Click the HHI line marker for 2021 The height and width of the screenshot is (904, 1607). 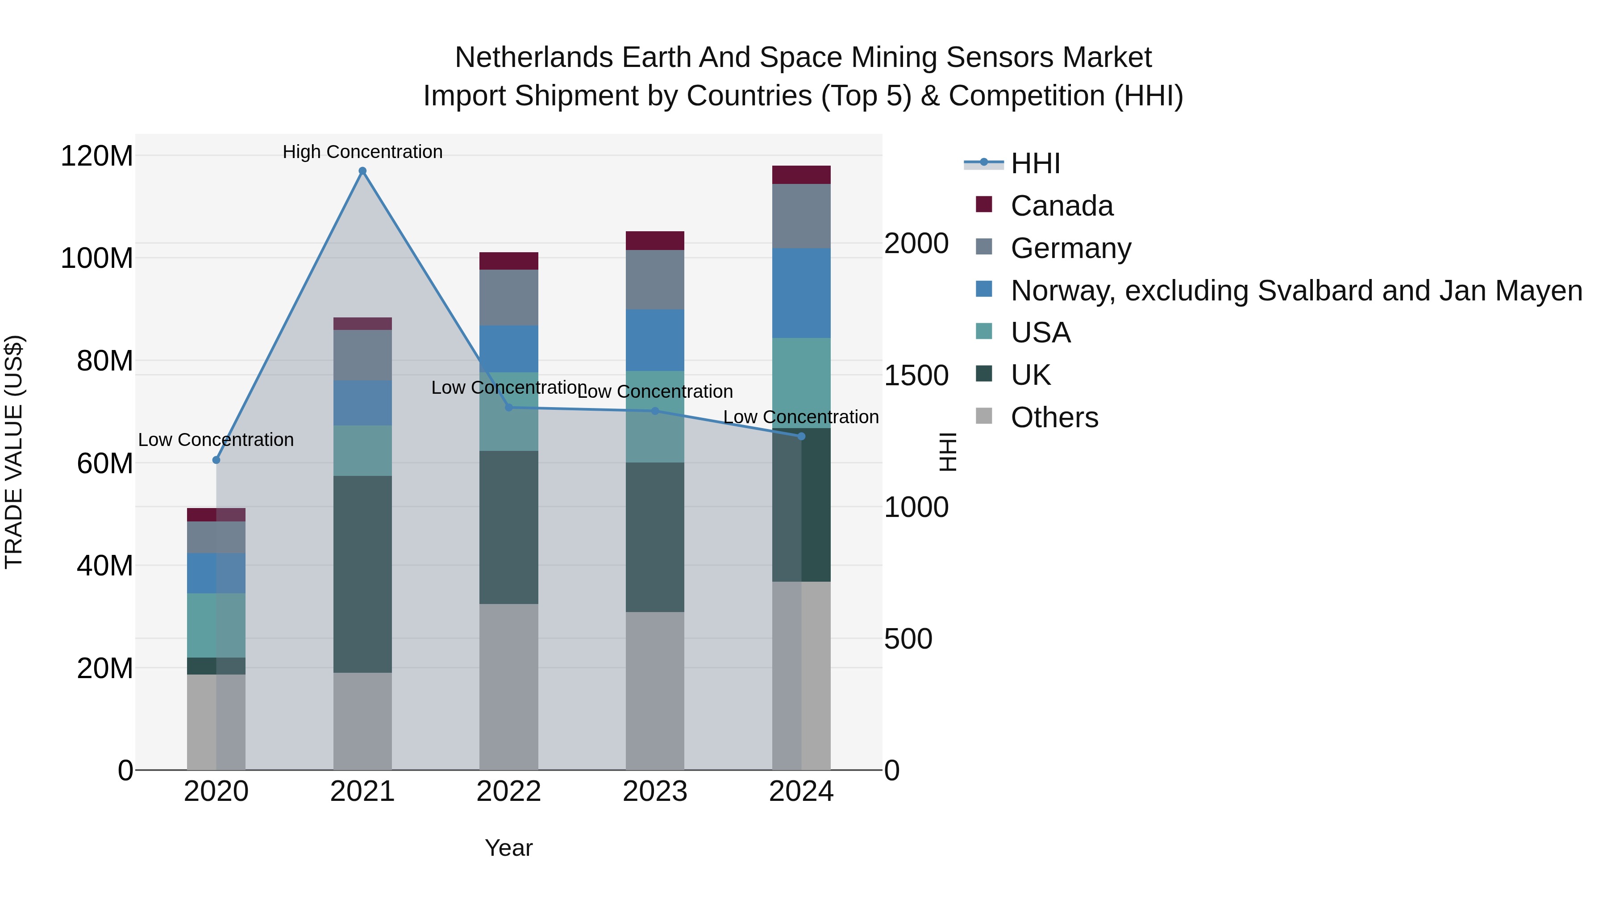coord(362,171)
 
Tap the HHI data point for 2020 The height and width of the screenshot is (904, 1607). coord(216,460)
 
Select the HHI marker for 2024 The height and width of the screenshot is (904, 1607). coord(802,437)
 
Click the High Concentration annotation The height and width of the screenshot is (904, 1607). coord(362,152)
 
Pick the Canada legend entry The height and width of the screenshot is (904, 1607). coord(1062,206)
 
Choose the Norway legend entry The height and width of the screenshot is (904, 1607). coord(1296,291)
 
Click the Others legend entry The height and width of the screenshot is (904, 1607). coord(1054,417)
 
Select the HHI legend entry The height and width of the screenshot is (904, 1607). coord(1036,163)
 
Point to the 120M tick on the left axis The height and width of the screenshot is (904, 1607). coord(97,156)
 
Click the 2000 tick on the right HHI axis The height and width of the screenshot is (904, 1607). coord(916,243)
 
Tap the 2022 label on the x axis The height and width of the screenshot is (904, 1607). coord(508,792)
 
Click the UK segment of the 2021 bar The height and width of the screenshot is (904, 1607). coord(362,574)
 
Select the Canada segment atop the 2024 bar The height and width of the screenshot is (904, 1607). coord(802,175)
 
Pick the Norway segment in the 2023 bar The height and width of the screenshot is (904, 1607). coord(655,341)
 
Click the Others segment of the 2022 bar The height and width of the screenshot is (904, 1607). coord(508,686)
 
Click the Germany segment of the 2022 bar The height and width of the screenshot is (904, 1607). coord(508,298)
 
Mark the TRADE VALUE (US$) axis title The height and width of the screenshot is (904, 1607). coord(14,452)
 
